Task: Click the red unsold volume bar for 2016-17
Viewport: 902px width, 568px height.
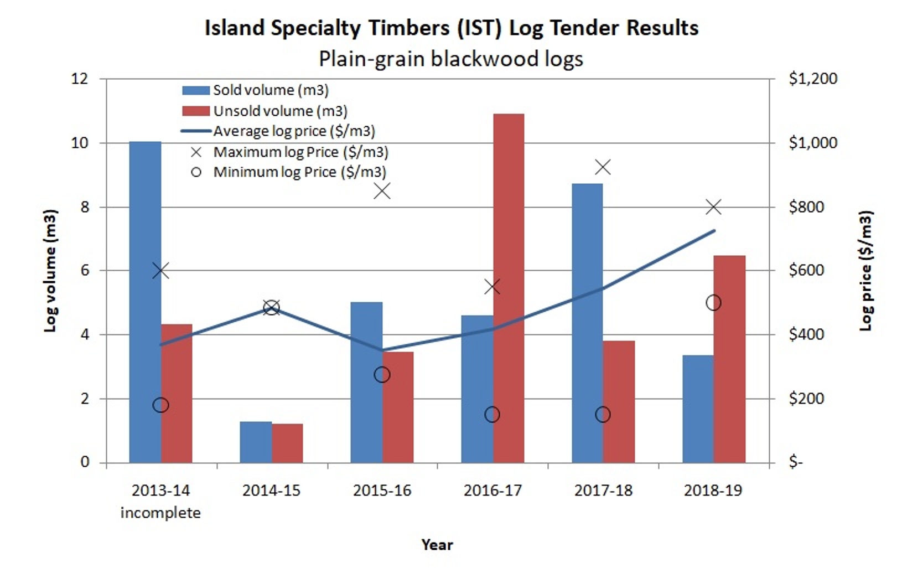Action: (509, 288)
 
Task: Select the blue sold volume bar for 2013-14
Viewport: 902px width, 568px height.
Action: (145, 302)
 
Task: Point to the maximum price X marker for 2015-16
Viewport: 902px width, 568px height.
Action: (382, 192)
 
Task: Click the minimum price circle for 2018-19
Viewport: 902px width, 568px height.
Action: (713, 303)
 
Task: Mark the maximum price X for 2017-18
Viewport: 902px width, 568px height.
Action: (603, 167)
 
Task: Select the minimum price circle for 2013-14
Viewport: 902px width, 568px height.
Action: (160, 405)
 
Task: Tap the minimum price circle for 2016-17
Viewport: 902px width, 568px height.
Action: (492, 415)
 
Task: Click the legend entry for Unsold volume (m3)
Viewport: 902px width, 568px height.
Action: (280, 111)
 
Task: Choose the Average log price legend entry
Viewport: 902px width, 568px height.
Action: (294, 131)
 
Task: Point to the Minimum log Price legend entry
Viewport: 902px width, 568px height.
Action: (299, 172)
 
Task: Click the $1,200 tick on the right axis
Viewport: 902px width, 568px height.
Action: (812, 79)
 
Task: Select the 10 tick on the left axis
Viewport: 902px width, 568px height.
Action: (80, 143)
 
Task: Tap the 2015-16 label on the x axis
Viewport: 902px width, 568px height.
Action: (382, 490)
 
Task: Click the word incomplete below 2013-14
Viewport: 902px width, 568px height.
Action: (160, 513)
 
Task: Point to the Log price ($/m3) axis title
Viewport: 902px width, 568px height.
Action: (865, 271)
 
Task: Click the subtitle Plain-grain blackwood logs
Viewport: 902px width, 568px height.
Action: (451, 59)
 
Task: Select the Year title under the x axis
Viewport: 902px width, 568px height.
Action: (437, 545)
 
